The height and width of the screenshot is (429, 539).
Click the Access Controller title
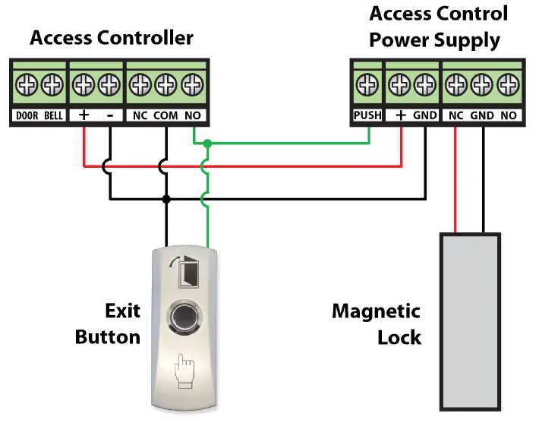pos(112,37)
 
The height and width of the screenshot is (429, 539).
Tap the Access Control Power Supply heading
pos(438,27)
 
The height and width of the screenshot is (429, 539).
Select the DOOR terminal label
pos(27,115)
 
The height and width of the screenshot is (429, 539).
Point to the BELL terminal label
pos(53,115)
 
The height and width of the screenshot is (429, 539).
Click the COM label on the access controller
pos(165,115)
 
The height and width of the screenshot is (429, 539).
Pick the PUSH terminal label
pos(367,115)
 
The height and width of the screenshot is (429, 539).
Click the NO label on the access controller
pos(194,115)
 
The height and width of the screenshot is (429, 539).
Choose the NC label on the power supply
pos(455,115)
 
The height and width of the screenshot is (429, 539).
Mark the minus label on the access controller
pos(110,115)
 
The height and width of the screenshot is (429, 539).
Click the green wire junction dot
pos(206,144)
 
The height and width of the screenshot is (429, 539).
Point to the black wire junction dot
pos(165,199)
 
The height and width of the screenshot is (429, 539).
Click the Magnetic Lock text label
pos(377,323)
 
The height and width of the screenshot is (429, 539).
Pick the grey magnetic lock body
pos(469,322)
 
